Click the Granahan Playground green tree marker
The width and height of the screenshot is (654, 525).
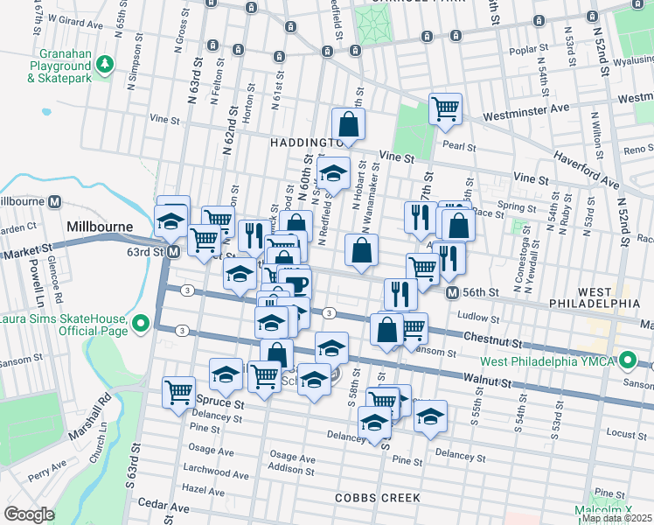click(x=104, y=64)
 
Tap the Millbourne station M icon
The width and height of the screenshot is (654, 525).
click(x=55, y=200)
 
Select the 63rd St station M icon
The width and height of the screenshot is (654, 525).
click(x=174, y=252)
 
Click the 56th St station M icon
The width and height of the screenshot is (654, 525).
click(x=452, y=292)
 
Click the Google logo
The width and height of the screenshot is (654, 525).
click(x=29, y=514)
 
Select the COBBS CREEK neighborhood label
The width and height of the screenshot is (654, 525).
click(x=378, y=498)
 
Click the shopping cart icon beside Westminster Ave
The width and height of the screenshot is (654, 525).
click(x=445, y=108)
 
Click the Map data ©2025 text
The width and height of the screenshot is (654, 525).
click(x=616, y=518)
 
